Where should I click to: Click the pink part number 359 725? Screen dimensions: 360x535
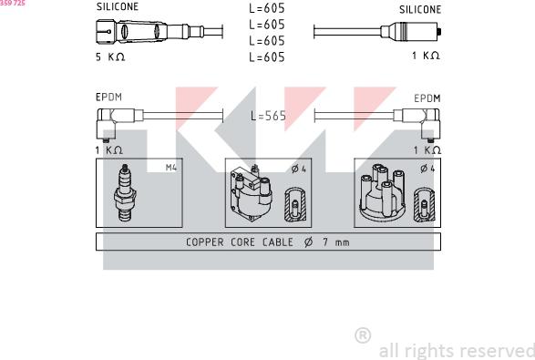pos(13,4)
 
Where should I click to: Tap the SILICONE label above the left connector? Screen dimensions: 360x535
pos(118,7)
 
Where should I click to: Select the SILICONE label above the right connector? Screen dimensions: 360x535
pos(419,10)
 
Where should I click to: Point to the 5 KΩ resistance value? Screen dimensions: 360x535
pos(109,57)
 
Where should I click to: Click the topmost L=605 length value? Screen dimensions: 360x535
pos(266,9)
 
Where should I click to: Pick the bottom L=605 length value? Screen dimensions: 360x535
pos(266,57)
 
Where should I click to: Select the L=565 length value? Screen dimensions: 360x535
pos(269,117)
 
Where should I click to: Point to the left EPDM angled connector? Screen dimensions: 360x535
pos(114,118)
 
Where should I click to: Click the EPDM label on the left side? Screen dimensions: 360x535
pos(108,97)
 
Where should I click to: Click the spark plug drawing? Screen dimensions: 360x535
pos(124,192)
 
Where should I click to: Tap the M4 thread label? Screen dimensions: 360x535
pos(170,168)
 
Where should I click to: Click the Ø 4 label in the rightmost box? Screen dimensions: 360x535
pos(426,168)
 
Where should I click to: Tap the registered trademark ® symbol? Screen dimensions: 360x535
pos(362,335)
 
